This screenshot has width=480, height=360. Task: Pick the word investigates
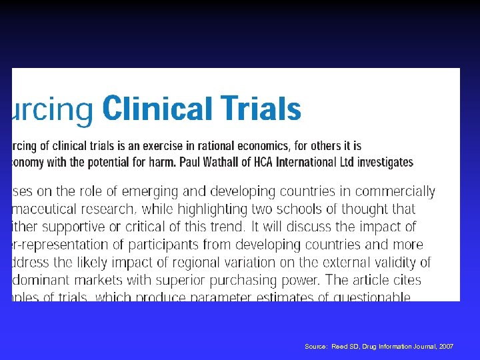(x=378, y=162)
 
